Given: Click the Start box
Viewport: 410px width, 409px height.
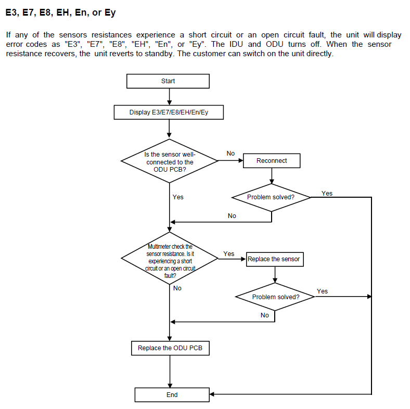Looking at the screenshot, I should (x=168, y=81).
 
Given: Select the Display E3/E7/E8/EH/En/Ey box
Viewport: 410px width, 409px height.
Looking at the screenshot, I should (x=169, y=112).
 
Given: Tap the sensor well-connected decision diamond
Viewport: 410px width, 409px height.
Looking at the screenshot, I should (x=170, y=161).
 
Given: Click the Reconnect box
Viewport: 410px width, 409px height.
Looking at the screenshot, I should (x=272, y=161).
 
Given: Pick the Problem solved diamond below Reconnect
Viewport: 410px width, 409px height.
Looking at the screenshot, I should (x=271, y=197).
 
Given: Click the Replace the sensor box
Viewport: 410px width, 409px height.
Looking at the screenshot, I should (x=274, y=259).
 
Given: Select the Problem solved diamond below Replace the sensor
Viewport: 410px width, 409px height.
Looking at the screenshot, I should (x=276, y=297).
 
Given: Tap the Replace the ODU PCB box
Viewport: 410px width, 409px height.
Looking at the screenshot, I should (x=170, y=348).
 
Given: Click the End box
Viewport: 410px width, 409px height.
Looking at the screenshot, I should (x=172, y=395).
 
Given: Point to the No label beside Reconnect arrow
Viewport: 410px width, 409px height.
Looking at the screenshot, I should (x=230, y=154).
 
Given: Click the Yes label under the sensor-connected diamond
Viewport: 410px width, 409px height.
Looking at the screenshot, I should (x=178, y=197).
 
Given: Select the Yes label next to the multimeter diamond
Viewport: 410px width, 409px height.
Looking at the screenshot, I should (x=229, y=254).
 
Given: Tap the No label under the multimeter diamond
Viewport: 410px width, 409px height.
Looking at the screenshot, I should (x=177, y=288).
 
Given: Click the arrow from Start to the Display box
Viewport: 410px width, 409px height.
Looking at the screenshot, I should (x=169, y=97).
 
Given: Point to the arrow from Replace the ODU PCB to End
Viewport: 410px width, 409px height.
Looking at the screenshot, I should (x=170, y=372).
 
